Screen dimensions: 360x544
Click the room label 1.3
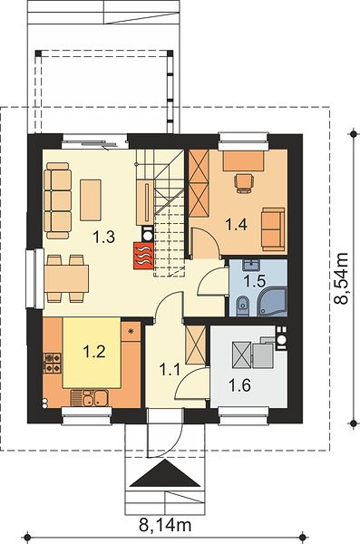click(x=103, y=238)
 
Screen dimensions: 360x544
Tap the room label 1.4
click(x=237, y=225)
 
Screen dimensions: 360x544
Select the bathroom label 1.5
click(x=255, y=281)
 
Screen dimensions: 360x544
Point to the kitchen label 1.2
click(x=94, y=352)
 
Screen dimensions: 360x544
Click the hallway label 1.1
click(x=170, y=369)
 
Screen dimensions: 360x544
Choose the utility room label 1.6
click(x=240, y=384)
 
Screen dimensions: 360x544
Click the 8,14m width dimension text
click(x=165, y=525)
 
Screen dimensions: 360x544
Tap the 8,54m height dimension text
click(x=341, y=278)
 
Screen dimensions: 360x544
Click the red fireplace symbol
click(x=143, y=256)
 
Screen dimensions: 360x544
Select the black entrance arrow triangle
click(x=166, y=474)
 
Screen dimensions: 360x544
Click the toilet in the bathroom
click(x=242, y=306)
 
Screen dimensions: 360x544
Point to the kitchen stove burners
click(x=52, y=363)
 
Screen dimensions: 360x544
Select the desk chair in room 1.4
click(x=244, y=183)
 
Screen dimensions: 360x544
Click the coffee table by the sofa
click(x=91, y=200)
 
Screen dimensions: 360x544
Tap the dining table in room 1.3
click(x=66, y=278)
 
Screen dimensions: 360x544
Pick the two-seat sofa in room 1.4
click(x=273, y=229)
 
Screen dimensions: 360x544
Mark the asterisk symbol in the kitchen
click(x=131, y=331)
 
